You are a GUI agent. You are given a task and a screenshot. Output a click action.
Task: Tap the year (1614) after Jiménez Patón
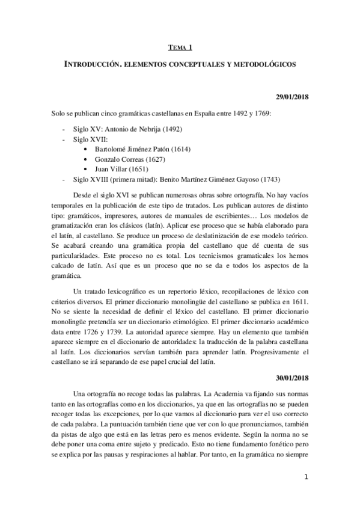click(x=178, y=149)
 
